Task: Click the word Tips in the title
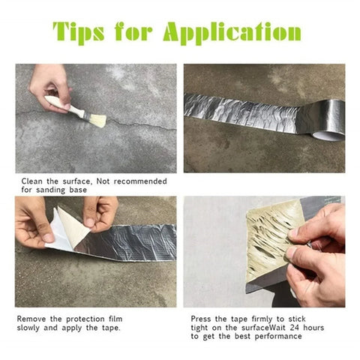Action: point(83,33)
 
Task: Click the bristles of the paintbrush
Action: point(89,117)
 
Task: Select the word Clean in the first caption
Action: point(34,181)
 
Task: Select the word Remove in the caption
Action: point(32,318)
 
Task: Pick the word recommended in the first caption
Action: point(142,181)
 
